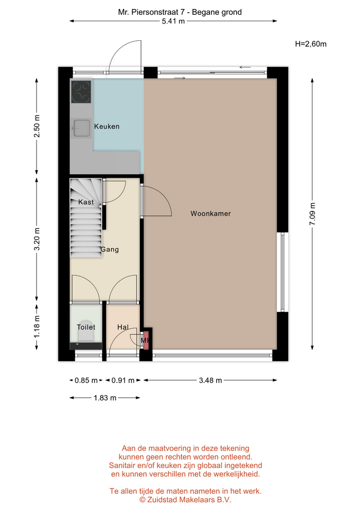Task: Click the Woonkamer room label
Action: point(210,214)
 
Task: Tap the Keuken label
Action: point(107,126)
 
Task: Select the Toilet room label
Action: point(86,327)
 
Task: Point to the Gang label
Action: point(110,249)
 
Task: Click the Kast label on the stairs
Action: point(86,202)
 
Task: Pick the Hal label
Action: point(123,327)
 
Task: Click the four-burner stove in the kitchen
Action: point(81,92)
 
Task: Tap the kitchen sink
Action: point(81,128)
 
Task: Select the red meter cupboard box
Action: point(146,340)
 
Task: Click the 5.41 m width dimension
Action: point(173,21)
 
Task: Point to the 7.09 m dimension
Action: point(312,214)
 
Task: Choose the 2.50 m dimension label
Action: point(37,126)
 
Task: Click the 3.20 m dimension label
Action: point(37,239)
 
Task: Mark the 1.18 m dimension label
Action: point(37,327)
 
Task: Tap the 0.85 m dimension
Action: point(86,380)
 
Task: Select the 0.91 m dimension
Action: point(123,380)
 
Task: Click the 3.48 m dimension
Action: point(210,380)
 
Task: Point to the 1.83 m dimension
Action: point(105,398)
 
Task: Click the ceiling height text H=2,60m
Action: point(311,44)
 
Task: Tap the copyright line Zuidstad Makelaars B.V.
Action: point(186,499)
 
